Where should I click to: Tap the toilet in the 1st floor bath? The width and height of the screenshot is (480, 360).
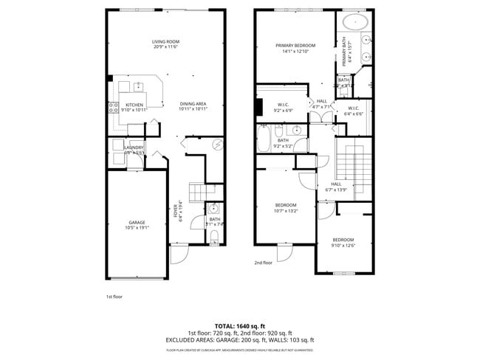click(215, 236)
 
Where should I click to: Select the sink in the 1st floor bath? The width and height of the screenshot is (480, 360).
click(214, 209)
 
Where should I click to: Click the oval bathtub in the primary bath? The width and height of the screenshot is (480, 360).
click(356, 21)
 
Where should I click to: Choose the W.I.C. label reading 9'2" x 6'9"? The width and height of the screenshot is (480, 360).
click(283, 106)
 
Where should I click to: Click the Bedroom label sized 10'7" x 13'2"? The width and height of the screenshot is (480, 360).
click(286, 207)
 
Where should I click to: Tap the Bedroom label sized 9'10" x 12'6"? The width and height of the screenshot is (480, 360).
click(343, 243)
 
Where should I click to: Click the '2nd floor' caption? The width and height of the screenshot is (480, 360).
click(263, 263)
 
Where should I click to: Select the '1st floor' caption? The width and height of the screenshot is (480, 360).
click(114, 296)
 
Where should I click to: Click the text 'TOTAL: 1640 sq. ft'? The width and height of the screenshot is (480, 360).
click(239, 325)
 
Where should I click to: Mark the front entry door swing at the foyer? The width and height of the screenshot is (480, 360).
click(180, 255)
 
